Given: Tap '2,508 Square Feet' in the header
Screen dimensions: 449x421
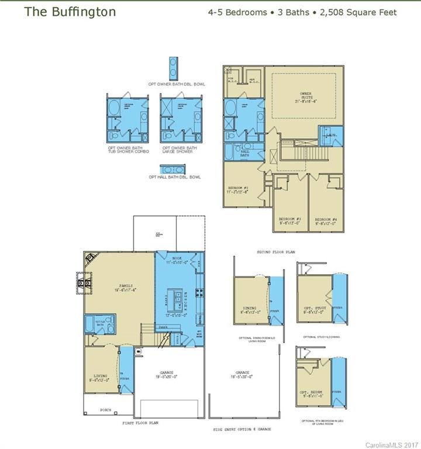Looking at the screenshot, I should pos(358,12).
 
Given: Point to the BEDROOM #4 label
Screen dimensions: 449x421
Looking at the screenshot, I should pos(326,220).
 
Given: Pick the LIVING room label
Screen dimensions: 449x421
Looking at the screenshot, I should pos(101,378).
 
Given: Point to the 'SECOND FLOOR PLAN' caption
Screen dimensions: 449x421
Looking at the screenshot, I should pos(276,252).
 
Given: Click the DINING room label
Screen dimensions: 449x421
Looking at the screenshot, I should pos(250,309).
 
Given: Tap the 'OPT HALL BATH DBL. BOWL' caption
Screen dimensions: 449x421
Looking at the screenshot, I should pos(174,177).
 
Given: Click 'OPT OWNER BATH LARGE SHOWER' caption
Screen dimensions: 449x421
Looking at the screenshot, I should pos(180,150).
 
